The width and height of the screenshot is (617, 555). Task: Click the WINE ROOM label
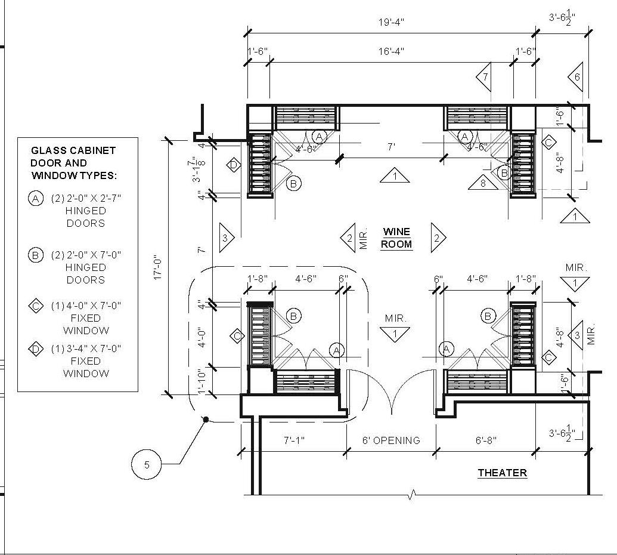(396, 238)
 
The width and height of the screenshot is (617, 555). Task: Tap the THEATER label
(502, 473)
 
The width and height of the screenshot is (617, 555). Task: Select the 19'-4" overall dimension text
(391, 23)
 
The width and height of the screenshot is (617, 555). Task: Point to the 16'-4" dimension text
(390, 51)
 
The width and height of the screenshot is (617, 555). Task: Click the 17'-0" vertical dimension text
(158, 267)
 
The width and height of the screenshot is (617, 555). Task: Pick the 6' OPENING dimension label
(391, 441)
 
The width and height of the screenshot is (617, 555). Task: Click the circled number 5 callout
(147, 464)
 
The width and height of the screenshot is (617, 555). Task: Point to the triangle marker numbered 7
(485, 77)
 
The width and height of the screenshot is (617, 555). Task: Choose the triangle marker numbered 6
(576, 76)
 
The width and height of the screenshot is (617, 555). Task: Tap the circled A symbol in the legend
(36, 199)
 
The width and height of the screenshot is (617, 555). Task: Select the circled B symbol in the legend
(36, 255)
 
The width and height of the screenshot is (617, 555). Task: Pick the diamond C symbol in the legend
(36, 306)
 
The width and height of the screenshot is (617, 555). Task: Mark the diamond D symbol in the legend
(36, 349)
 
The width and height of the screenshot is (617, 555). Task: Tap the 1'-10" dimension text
(202, 382)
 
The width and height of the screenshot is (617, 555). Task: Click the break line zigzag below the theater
(413, 494)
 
